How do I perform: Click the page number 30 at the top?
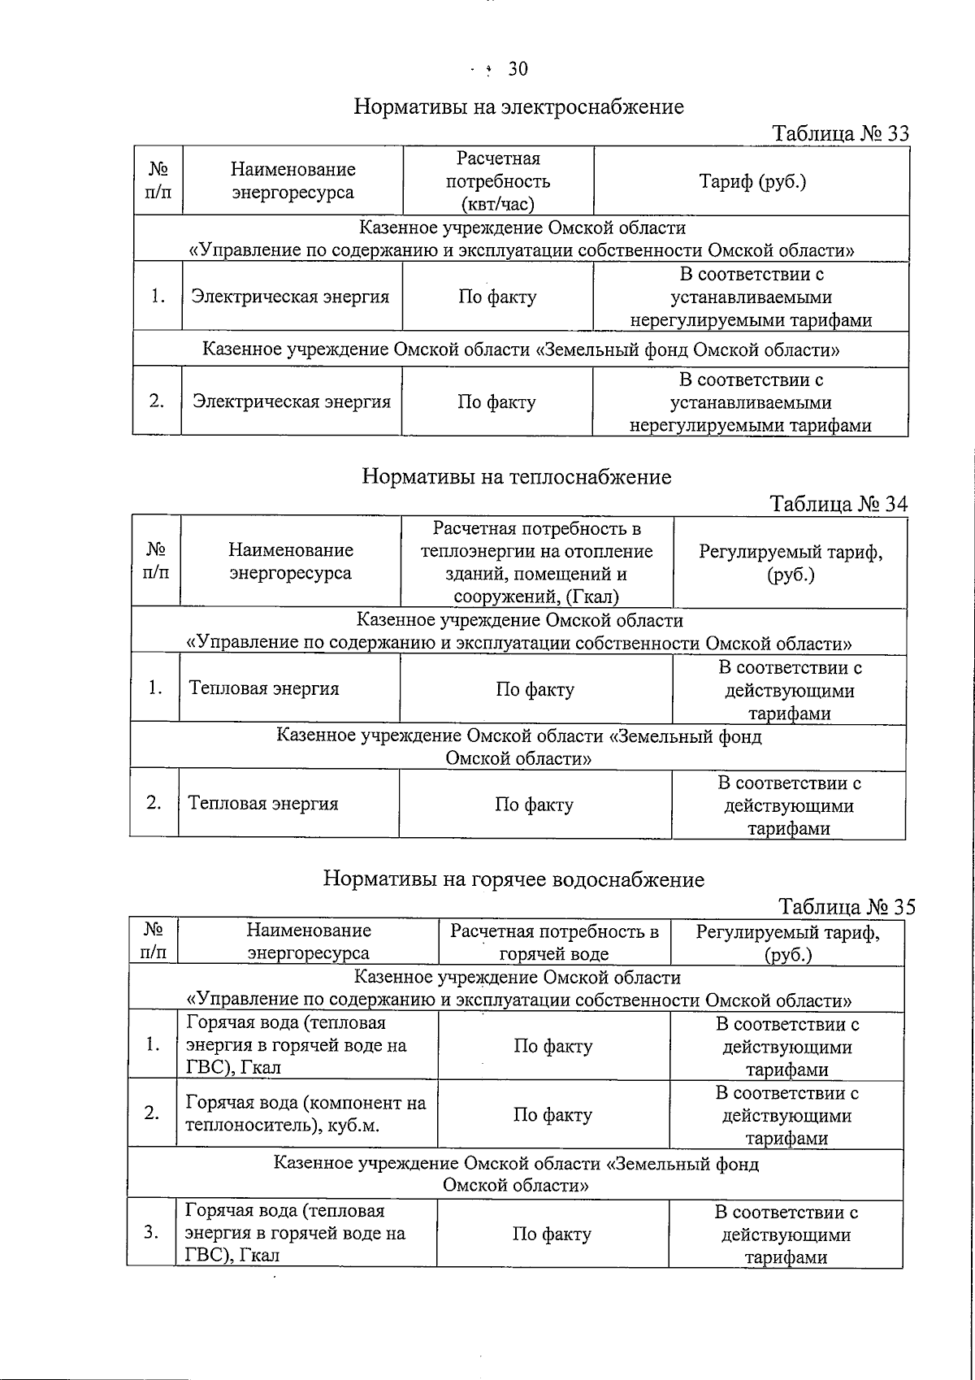(x=518, y=70)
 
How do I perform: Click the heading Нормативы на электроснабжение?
(x=518, y=106)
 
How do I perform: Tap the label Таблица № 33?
(x=840, y=133)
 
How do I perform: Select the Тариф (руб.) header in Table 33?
(x=752, y=181)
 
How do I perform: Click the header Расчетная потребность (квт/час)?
(x=498, y=181)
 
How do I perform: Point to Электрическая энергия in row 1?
(x=291, y=297)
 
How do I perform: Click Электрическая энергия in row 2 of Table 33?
(x=291, y=401)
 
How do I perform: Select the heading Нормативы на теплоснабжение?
(x=516, y=476)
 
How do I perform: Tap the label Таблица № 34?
(x=838, y=504)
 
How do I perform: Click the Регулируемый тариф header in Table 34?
(x=790, y=562)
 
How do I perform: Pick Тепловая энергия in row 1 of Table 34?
(x=264, y=688)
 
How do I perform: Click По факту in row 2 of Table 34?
(x=535, y=805)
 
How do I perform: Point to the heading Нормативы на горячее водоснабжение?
(x=513, y=879)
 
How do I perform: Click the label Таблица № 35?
(x=846, y=906)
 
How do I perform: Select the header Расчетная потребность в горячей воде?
(x=554, y=942)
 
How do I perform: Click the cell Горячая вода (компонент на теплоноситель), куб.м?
(x=305, y=1113)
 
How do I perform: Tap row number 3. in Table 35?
(x=151, y=1233)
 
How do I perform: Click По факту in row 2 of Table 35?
(x=552, y=1115)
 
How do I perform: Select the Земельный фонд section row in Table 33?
(x=520, y=350)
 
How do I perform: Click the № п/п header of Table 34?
(x=155, y=561)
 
